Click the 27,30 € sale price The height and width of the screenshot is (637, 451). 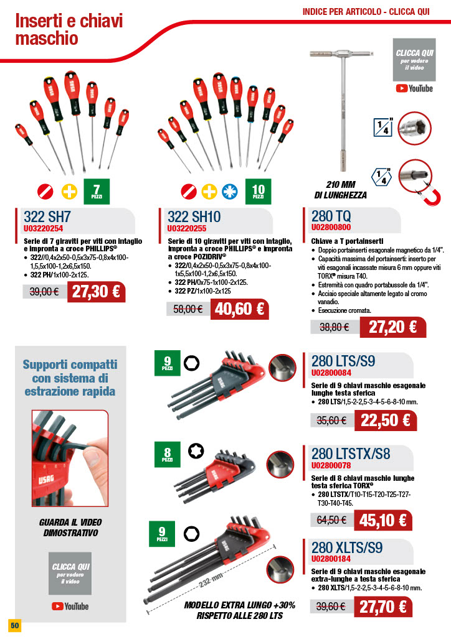click(x=96, y=292)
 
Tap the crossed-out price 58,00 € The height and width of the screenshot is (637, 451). click(x=188, y=310)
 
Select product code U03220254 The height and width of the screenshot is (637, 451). click(x=43, y=228)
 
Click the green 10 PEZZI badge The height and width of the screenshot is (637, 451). click(x=259, y=191)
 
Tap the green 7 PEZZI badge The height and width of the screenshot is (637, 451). click(x=97, y=191)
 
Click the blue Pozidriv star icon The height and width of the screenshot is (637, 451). click(x=229, y=192)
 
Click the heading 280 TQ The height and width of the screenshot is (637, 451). click(x=331, y=216)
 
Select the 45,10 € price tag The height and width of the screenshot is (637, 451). click(x=382, y=521)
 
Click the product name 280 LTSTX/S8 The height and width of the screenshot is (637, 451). click(x=351, y=453)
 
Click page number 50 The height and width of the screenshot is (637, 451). click(x=15, y=625)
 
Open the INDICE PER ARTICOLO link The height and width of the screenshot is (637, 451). click(x=366, y=12)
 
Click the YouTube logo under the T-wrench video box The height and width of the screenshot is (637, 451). click(x=414, y=88)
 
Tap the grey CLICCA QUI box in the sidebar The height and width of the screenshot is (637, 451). click(x=70, y=573)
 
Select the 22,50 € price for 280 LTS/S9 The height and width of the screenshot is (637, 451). click(x=385, y=420)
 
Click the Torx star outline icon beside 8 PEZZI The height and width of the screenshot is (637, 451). click(x=196, y=451)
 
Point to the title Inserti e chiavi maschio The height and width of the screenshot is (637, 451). click(x=69, y=29)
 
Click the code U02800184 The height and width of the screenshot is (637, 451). click(x=331, y=559)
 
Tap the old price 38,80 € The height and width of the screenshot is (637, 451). click(x=335, y=327)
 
